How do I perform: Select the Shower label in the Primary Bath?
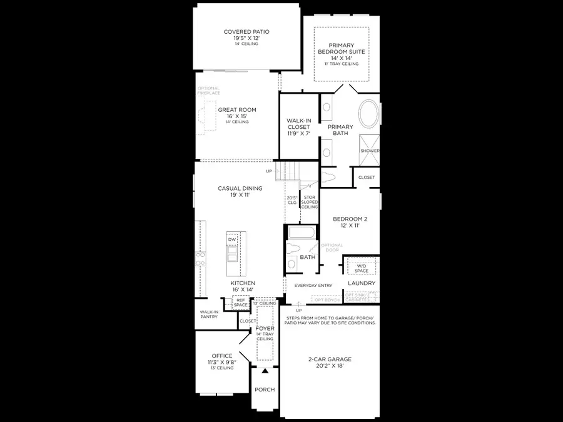click(x=369, y=151)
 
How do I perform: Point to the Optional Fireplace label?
click(x=208, y=91)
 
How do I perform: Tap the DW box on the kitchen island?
click(x=231, y=239)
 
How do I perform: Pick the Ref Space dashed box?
click(x=241, y=303)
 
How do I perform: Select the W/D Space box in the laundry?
click(x=362, y=268)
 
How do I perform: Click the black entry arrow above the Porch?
click(x=265, y=371)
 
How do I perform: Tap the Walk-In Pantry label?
click(x=208, y=314)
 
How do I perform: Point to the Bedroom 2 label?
click(x=350, y=219)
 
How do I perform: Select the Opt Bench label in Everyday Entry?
click(x=327, y=300)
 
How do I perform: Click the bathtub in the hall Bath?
click(x=302, y=234)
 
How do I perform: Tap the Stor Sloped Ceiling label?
click(x=310, y=202)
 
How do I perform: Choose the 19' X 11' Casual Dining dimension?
click(x=240, y=196)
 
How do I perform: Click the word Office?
click(x=222, y=356)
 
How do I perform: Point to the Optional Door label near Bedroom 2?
click(x=332, y=247)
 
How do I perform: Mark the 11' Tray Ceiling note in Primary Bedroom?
click(x=341, y=64)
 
